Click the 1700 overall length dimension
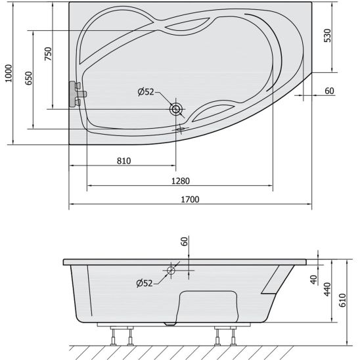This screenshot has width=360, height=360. [190, 199]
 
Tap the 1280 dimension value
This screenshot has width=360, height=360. [181, 181]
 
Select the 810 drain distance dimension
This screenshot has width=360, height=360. [124, 161]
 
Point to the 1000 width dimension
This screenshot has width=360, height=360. [9, 73]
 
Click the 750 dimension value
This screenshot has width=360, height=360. [48, 54]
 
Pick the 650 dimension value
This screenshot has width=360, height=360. [29, 78]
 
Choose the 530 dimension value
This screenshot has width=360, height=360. [327, 35]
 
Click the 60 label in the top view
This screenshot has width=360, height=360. [329, 91]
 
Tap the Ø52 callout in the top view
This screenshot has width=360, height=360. [146, 92]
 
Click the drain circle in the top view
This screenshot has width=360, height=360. [176, 109]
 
